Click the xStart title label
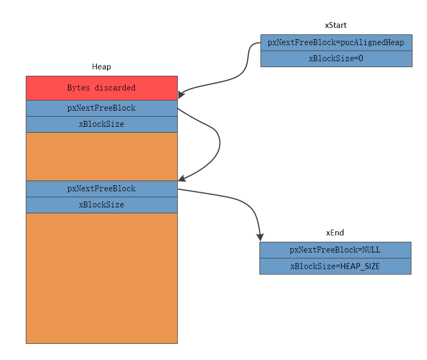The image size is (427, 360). pyautogui.click(x=335, y=25)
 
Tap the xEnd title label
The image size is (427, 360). pyautogui.click(x=335, y=233)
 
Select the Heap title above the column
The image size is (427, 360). pyautogui.click(x=101, y=67)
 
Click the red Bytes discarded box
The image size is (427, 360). pyautogui.click(x=102, y=88)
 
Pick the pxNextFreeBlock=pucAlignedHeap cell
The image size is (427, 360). pyautogui.click(x=336, y=42)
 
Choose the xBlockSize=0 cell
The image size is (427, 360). pyautogui.click(x=336, y=59)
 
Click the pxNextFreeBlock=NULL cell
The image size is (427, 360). pyautogui.click(x=335, y=250)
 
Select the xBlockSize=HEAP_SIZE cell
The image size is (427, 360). pyautogui.click(x=335, y=266)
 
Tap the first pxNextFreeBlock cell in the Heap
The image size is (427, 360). pyautogui.click(x=102, y=108)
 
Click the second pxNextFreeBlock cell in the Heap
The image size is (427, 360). pyautogui.click(x=102, y=189)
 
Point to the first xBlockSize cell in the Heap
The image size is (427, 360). pyautogui.click(x=102, y=124)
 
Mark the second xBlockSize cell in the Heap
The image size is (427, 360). pyautogui.click(x=102, y=205)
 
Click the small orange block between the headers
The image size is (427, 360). pyautogui.click(x=102, y=156)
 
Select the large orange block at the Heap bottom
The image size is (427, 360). pyautogui.click(x=102, y=278)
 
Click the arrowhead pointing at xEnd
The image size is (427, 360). pyautogui.click(x=260, y=237)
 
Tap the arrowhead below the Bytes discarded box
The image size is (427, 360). pyautogui.click(x=181, y=95)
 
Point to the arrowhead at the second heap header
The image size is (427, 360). pyautogui.click(x=182, y=178)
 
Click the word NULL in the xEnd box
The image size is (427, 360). pyautogui.click(x=371, y=250)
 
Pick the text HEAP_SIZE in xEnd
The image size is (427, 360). pyautogui.click(x=360, y=266)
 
